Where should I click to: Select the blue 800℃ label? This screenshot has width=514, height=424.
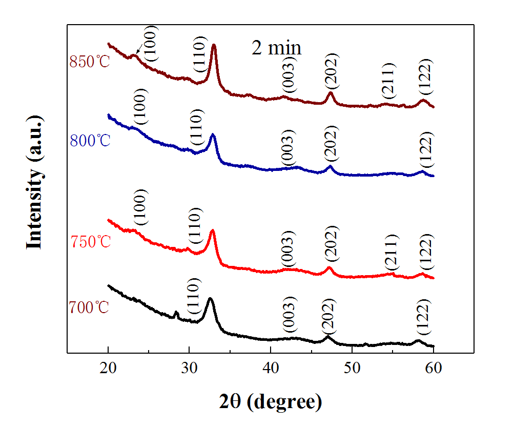pyautogui.click(x=89, y=140)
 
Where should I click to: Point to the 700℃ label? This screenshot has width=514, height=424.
pyautogui.click(x=89, y=308)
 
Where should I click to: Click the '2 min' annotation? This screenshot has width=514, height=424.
pyautogui.click(x=276, y=48)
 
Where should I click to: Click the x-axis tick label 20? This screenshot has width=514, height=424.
pyautogui.click(x=108, y=368)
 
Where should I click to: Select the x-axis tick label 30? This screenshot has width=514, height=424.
pyautogui.click(x=189, y=368)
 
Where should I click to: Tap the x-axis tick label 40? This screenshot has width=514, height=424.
pyautogui.click(x=271, y=368)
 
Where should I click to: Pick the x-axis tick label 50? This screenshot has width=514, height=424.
pyautogui.click(x=352, y=368)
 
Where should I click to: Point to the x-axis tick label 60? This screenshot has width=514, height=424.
pyautogui.click(x=434, y=368)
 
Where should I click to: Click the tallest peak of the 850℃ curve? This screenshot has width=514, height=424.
pyautogui.click(x=214, y=46)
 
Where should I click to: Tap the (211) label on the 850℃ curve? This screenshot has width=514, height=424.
pyautogui.click(x=389, y=81)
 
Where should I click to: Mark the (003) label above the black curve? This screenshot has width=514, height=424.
pyautogui.click(x=289, y=314)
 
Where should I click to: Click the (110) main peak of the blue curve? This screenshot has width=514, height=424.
pyautogui.click(x=213, y=136)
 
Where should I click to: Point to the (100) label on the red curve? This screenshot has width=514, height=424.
pyautogui.click(x=141, y=207)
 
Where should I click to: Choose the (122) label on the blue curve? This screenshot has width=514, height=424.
pyautogui.click(x=426, y=149)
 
